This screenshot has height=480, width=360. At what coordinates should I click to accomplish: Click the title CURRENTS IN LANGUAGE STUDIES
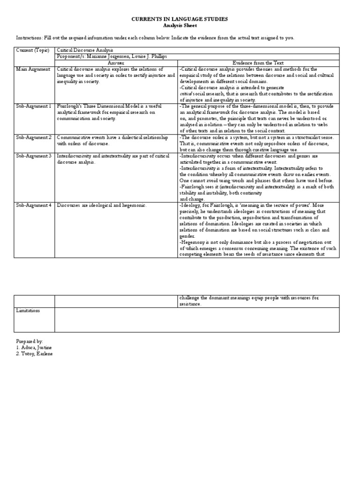[180, 19]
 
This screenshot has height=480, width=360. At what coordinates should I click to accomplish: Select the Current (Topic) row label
[32, 50]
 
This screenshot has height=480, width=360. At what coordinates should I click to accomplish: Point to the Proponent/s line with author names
[111, 56]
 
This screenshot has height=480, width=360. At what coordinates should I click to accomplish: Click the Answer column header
[116, 62]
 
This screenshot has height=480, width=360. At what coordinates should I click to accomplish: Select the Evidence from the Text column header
[258, 62]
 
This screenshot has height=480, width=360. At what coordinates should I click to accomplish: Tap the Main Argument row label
[33, 69]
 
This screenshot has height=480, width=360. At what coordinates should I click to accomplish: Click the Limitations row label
[28, 310]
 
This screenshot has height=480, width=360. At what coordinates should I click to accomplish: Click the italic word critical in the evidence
[186, 94]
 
